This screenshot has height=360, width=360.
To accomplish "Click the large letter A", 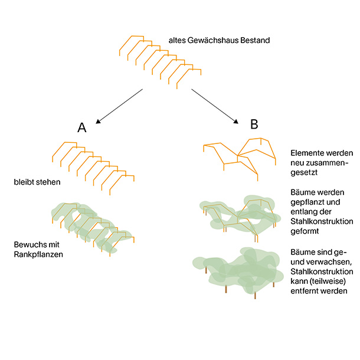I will pyautogui.click(x=82, y=128).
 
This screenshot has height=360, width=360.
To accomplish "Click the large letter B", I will pyautogui.click(x=254, y=125).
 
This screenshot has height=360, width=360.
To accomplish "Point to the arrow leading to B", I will pyautogui.click(x=215, y=106).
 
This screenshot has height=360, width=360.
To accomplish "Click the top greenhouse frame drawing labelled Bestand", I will pyautogui.click(x=159, y=58).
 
